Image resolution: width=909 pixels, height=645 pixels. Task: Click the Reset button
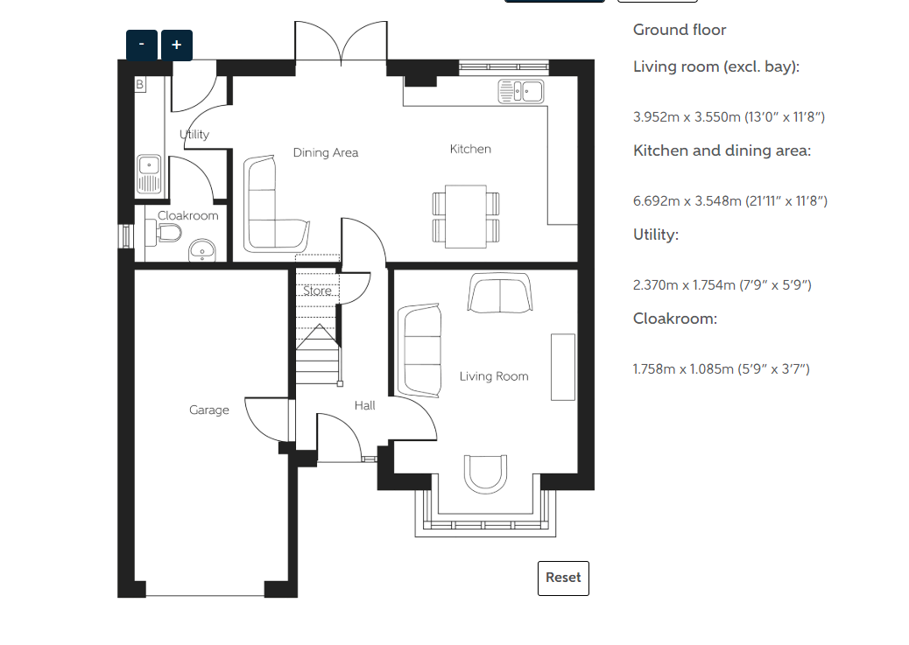(x=563, y=578)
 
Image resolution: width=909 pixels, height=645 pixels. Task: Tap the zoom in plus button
(x=177, y=46)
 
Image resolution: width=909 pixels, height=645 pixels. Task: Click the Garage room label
(x=208, y=410)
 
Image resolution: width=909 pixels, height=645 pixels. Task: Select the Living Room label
(x=494, y=376)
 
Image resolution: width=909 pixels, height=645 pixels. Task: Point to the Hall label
(x=364, y=405)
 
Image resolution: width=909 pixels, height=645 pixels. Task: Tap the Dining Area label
(x=325, y=152)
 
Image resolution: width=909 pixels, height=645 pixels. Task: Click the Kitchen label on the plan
(x=470, y=149)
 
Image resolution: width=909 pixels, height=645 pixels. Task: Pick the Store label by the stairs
(x=317, y=291)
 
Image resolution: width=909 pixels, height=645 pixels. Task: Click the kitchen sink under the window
(x=520, y=92)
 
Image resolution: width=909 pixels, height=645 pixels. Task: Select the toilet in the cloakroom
(x=169, y=234)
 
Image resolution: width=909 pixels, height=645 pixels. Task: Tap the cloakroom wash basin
(x=201, y=250)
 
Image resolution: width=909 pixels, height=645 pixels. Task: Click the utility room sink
(x=149, y=174)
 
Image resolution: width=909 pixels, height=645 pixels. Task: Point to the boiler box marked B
(x=140, y=85)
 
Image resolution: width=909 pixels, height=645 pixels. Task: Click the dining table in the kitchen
(x=466, y=217)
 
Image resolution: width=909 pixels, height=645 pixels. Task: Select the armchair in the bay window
(x=486, y=473)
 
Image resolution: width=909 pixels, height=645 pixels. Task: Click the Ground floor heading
(x=680, y=30)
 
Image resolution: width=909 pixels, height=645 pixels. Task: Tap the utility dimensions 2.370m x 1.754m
(x=722, y=285)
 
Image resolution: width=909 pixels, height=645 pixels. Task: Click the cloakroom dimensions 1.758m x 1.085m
(x=722, y=369)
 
